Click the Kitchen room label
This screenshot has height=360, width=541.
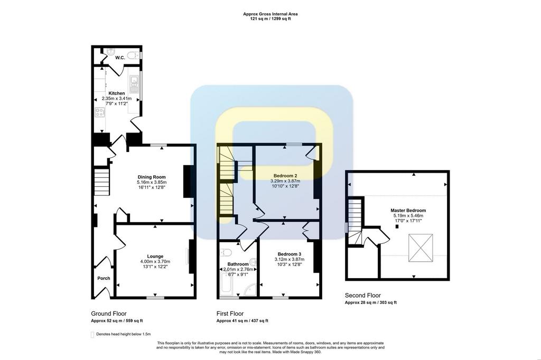point(117,93)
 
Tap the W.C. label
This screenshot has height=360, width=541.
point(120,58)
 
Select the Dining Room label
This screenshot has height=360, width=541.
point(152,177)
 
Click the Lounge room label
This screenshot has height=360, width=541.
point(155,257)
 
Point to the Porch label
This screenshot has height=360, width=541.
point(104,278)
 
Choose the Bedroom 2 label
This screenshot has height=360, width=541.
point(285,176)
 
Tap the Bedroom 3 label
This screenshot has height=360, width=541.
point(290,254)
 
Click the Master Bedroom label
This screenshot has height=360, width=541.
point(408,210)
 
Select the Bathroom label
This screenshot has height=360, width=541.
point(238,264)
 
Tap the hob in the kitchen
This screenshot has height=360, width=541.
point(100,112)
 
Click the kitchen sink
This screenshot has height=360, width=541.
point(134,84)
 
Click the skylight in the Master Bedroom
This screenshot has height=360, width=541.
point(421,248)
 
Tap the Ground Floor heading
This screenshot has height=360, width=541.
point(109,314)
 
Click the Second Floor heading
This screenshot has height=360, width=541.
point(363,295)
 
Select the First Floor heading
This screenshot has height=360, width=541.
point(230,314)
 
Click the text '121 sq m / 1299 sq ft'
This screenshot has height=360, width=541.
point(270,19)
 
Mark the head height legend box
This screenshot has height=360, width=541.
point(92,335)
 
